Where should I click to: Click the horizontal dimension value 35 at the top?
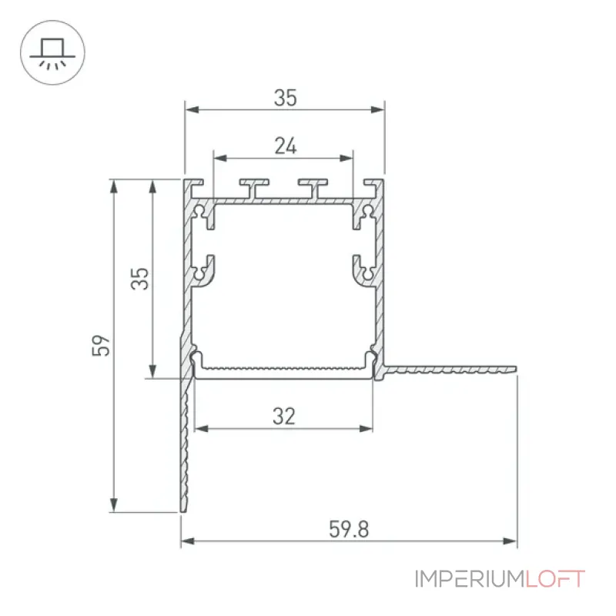pyautogui.click(x=285, y=98)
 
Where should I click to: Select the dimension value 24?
pyautogui.click(x=286, y=146)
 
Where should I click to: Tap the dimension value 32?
pyautogui.click(x=284, y=417)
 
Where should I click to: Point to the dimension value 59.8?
pyautogui.click(x=349, y=529)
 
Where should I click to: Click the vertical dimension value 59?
pyautogui.click(x=101, y=346)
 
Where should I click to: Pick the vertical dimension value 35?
pyautogui.click(x=140, y=279)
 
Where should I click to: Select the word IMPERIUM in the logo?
pyautogui.click(x=470, y=579)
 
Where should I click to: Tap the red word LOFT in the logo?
pyautogui.click(x=555, y=579)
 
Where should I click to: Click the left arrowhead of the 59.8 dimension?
pyautogui.click(x=187, y=541)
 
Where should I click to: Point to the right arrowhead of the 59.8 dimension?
pyautogui.click(x=511, y=541)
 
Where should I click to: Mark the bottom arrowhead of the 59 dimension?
pyautogui.click(x=114, y=505)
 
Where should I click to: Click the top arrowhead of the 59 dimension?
pyautogui.click(x=114, y=186)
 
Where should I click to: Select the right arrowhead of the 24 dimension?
pyautogui.click(x=346, y=159)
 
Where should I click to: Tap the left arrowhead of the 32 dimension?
pyautogui.click(x=202, y=428)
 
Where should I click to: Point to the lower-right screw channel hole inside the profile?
pyautogui.click(x=368, y=273)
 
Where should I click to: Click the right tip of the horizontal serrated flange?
pyautogui.click(x=516, y=370)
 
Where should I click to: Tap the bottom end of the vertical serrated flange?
pyautogui.click(x=184, y=511)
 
